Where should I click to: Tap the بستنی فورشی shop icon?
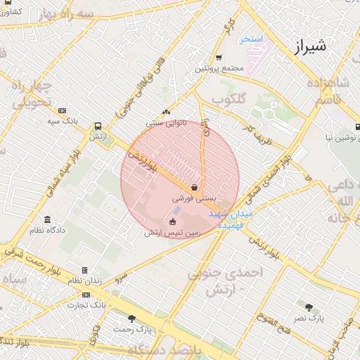coord(194,187)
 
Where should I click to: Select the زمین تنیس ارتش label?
coord(172,233)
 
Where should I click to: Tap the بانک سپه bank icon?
coord(62,110)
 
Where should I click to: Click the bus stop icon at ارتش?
coord(97,126)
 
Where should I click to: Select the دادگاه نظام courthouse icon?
coord(47,219)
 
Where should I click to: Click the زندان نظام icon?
coord(84,270)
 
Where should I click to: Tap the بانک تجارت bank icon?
coord(86,295)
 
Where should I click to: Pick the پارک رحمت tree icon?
coord(131,319)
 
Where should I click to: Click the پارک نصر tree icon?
coord(309,307)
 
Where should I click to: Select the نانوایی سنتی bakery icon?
coord(166,112)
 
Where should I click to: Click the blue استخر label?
coord(250,39)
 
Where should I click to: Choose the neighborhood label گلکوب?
coord(229,100)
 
